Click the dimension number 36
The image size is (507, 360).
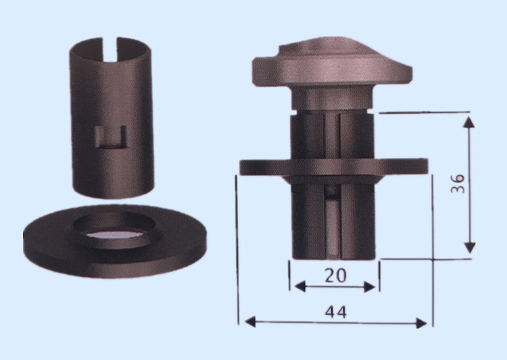[458, 184]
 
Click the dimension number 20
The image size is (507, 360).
[335, 276]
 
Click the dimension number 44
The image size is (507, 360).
[335, 312]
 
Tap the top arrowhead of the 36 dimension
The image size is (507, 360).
[469, 122]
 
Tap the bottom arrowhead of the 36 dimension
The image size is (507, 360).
[470, 248]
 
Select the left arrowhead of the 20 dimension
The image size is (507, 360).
[300, 286]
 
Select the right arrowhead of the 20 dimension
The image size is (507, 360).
[369, 286]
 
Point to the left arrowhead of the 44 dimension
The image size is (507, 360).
[250, 322]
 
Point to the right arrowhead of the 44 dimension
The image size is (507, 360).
[421, 323]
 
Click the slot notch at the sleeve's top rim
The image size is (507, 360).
[110, 49]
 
